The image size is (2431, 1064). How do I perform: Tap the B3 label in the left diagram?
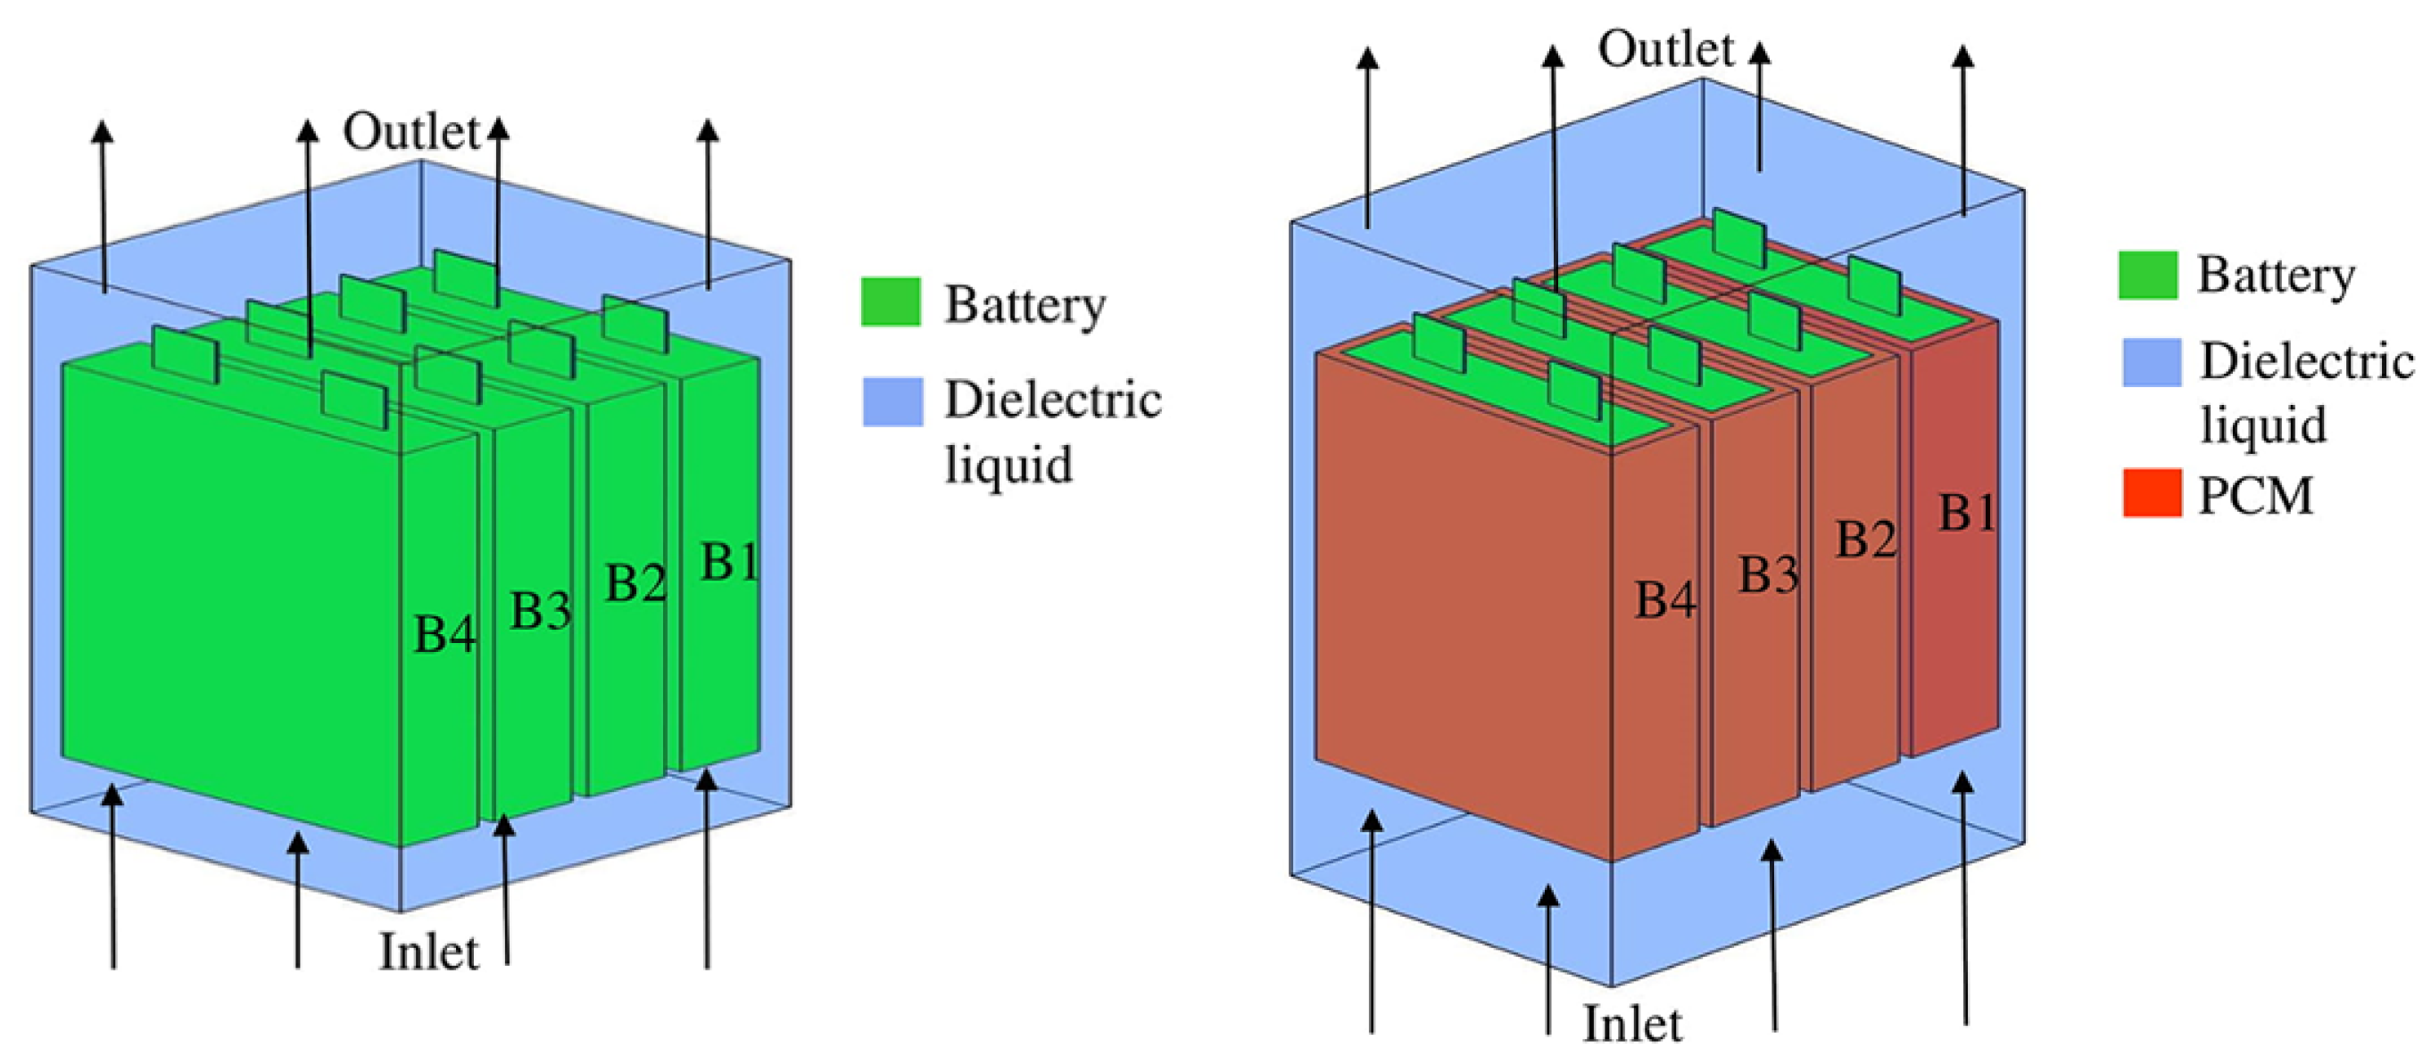541,610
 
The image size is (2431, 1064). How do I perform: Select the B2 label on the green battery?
635,583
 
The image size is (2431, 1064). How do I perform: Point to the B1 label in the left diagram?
729,563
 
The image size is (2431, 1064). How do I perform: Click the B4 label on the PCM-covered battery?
1664,600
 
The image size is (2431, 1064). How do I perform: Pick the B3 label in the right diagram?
1769,574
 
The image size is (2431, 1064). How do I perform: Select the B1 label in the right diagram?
1968,513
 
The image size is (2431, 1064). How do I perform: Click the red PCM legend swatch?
2152,492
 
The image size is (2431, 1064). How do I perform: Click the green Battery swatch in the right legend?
2148,276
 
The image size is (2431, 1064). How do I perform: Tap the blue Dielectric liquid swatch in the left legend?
892,402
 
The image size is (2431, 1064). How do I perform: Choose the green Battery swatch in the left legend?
890,301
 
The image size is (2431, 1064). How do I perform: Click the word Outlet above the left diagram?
411,132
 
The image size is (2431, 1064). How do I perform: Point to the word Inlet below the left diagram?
428,952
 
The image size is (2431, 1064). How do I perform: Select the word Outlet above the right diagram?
1665,49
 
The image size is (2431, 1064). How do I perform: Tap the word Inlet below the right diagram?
1631,1025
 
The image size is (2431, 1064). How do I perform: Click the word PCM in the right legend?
2255,495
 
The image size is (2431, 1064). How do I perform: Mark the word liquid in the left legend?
1008,465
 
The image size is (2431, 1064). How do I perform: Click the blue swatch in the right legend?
2152,362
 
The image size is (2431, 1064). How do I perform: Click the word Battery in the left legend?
1025,305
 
